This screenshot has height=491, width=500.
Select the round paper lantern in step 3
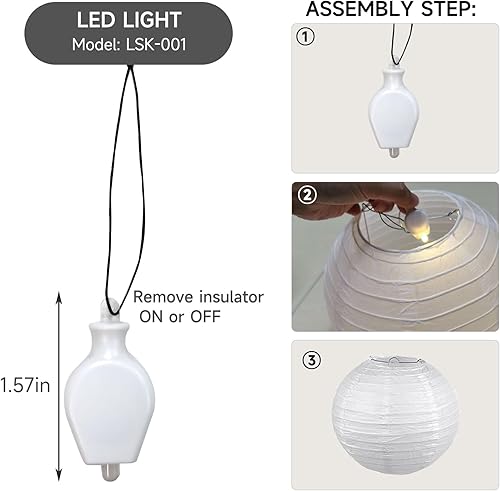coord(400,411)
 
